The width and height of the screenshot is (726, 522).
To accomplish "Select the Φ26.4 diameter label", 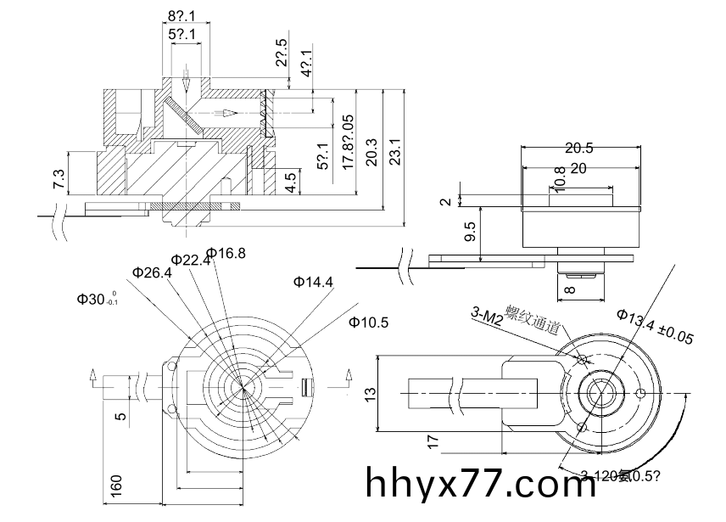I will coord(152,272).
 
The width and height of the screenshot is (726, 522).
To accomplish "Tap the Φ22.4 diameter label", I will coord(190,260).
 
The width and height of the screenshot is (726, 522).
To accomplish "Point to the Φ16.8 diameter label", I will coord(226,253).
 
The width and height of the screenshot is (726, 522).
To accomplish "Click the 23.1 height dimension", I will coord(394,152).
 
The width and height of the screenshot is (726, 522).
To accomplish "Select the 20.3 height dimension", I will coord(371,153).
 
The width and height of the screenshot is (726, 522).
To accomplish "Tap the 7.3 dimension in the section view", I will coord(59,179).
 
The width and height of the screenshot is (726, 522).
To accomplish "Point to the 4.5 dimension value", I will coord(291,182).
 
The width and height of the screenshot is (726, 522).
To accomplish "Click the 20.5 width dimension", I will coord(579,148).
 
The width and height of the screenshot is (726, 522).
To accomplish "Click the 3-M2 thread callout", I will coord(487,317).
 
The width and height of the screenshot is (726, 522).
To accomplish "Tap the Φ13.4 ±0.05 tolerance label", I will coord(655,328).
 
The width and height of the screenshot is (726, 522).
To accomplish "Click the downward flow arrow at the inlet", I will coord(186,83).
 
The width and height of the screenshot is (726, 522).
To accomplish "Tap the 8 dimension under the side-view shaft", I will coord(569,289).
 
